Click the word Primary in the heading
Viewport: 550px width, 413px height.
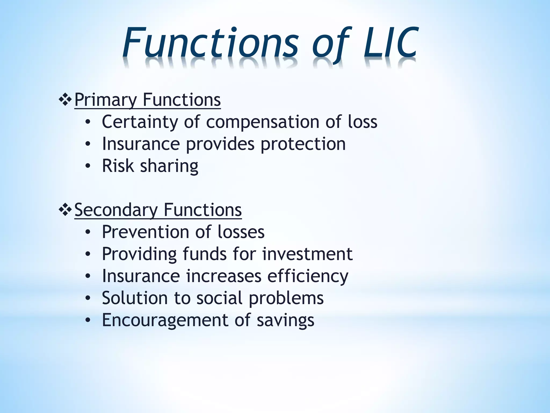click(x=106, y=100)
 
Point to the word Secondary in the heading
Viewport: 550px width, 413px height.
click(x=116, y=210)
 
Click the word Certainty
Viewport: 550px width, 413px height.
click(x=140, y=122)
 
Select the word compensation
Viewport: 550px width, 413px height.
click(x=263, y=122)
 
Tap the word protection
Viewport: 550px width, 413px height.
click(x=303, y=144)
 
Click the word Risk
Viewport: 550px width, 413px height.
click(x=118, y=166)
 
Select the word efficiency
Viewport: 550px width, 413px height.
click(x=308, y=276)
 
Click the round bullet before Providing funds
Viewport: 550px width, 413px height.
click(x=88, y=254)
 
